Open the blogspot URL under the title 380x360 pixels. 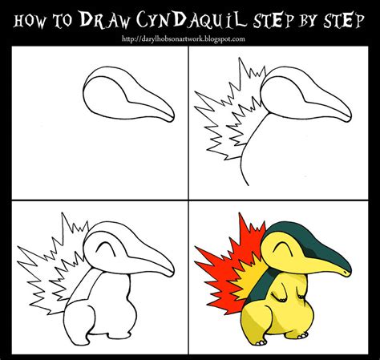(x=190, y=38)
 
